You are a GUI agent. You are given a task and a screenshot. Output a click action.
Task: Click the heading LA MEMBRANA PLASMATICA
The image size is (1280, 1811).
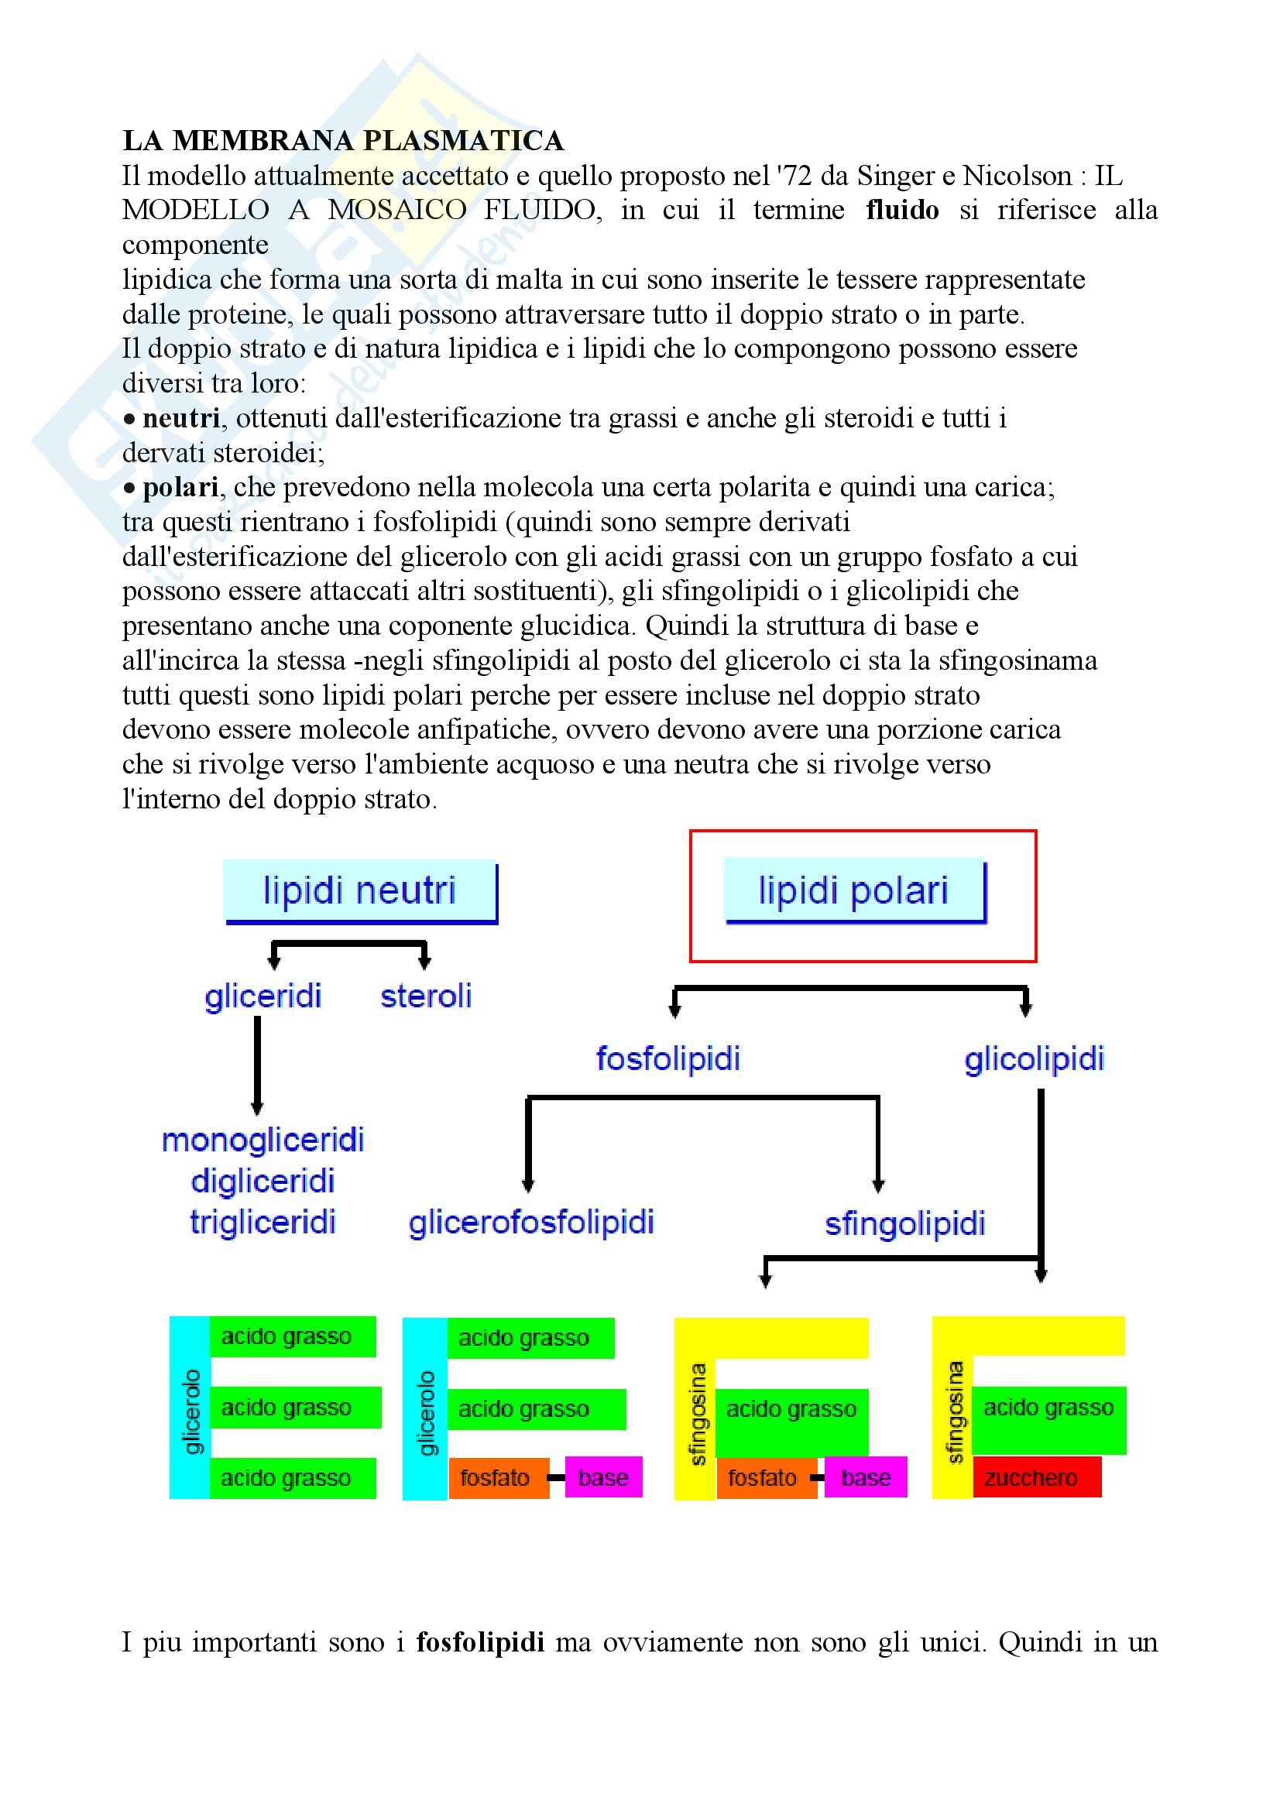pos(343,140)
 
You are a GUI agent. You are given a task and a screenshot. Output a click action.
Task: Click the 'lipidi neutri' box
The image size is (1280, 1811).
pos(359,890)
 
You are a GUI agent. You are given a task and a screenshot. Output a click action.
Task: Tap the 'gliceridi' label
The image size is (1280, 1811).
pos(263,996)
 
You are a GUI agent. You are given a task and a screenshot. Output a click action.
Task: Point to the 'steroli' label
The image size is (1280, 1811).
pos(426,996)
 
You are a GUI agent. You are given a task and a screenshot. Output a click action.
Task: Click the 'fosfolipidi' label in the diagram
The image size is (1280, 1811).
pos(668,1058)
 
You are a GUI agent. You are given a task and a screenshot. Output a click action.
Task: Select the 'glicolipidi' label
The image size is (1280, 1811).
pos(1034,1058)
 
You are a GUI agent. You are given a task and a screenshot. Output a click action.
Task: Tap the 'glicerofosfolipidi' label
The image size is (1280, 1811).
pos(530,1223)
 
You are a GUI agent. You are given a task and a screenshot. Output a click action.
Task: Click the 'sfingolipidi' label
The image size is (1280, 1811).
pos(904,1224)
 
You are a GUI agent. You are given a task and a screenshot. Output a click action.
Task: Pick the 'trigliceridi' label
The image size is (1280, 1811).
pos(263,1222)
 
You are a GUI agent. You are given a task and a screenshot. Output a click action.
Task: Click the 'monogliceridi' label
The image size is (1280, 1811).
pos(263,1140)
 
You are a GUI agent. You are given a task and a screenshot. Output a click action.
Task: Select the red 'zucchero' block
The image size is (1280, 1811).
pos(1035,1477)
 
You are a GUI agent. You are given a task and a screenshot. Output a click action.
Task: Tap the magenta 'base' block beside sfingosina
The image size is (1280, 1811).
pos(865,1477)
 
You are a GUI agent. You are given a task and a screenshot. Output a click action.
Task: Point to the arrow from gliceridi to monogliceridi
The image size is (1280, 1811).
pos(257,1065)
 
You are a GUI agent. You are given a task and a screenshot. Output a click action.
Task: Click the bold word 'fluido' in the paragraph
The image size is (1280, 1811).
pos(901,210)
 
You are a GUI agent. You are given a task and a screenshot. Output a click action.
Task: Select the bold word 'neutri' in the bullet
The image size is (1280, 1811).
pos(180,418)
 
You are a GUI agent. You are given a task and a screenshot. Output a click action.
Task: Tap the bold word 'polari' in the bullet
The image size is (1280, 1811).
pos(180,488)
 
